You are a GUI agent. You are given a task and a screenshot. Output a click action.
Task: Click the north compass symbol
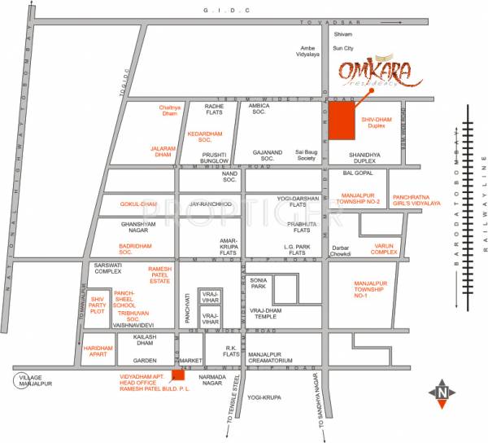click(x=441, y=393)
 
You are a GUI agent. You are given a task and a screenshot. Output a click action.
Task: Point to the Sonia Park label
click(x=259, y=283)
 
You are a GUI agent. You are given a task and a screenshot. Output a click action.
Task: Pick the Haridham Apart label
click(x=98, y=351)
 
